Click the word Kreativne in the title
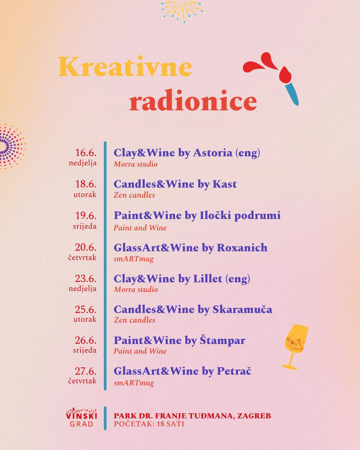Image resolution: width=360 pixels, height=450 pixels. point(125,67)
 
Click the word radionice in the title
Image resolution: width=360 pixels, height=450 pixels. point(193,101)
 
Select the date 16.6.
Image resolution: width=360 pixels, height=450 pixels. point(85,152)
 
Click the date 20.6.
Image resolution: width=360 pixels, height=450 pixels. point(85,247)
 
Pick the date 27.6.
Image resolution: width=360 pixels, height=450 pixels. point(85,371)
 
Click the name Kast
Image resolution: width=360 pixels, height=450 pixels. point(224,184)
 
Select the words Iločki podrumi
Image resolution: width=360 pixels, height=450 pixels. point(240,216)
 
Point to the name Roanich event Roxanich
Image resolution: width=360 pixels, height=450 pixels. point(242,248)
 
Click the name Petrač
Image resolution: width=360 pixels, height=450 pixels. point(234,371)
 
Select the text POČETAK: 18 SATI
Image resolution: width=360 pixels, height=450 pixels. point(149,424)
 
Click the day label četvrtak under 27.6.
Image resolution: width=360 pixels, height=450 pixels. point(82,381)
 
